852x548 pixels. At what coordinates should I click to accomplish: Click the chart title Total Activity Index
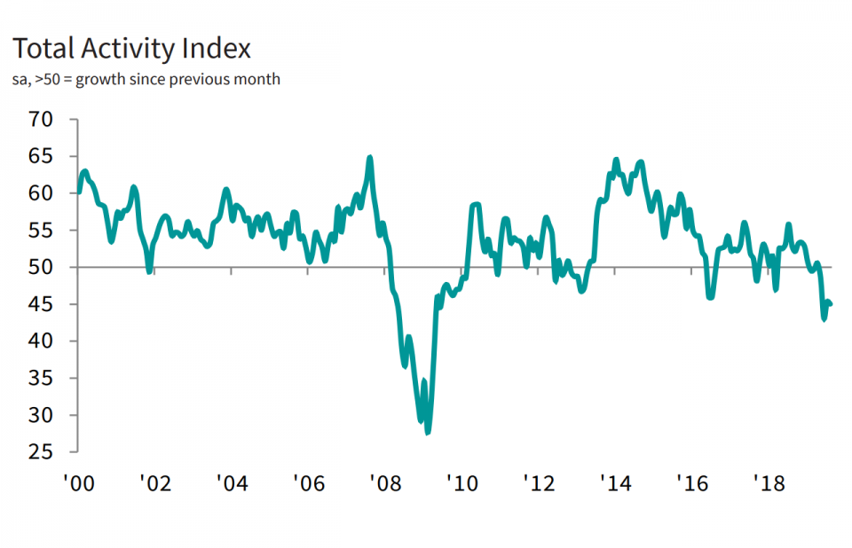130,48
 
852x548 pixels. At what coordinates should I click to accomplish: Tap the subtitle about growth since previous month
146,80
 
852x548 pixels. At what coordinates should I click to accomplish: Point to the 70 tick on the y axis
42,119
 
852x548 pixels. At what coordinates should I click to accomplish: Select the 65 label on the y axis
42,156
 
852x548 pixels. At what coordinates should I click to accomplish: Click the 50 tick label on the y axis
42,267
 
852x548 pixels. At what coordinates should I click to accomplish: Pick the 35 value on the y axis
42,378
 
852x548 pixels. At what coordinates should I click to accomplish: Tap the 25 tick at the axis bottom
42,452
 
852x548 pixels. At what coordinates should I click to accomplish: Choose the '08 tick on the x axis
385,483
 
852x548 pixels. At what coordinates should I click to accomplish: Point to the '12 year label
539,483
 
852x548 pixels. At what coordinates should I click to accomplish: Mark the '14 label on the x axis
615,483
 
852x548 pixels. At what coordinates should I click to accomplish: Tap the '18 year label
768,483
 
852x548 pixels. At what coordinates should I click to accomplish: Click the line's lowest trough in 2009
427,433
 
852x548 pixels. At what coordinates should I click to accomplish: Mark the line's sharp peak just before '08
369,158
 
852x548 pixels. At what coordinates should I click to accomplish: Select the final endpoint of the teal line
831,304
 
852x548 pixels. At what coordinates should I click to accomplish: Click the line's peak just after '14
617,160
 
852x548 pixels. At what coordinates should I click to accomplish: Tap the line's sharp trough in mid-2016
710,297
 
